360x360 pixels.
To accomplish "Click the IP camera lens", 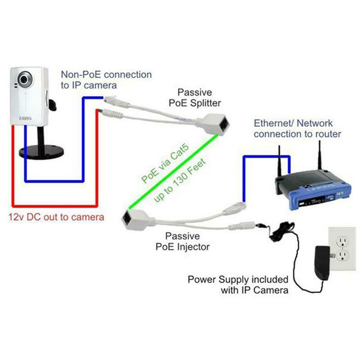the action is [x=24, y=79].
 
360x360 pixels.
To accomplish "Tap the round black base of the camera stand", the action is [x=41, y=152].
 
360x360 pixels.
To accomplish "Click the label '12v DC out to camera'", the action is [x=56, y=217].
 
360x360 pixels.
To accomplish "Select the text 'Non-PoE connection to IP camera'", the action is [x=106, y=80].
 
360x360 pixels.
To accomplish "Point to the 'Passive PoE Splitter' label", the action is [x=195, y=98].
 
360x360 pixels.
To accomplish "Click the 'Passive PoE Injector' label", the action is [x=183, y=241].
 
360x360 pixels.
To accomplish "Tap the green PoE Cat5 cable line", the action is [x=173, y=172].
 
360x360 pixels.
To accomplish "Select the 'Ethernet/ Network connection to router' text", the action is [x=297, y=129].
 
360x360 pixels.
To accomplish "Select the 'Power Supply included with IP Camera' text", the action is [x=238, y=285].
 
